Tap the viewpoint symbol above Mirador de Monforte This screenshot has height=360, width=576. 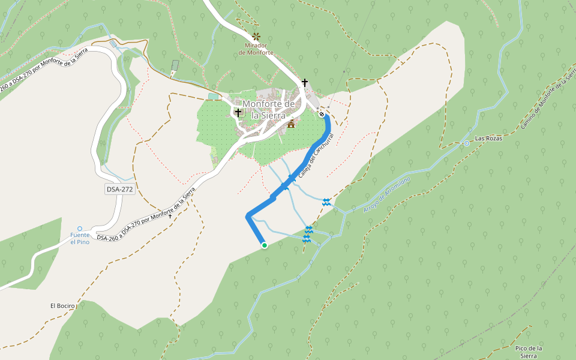(257, 36)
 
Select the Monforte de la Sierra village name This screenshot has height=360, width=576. (268, 109)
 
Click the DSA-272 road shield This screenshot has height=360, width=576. (119, 189)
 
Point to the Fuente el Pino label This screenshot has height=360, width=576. (80, 238)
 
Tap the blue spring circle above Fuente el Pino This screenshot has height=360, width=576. (80, 229)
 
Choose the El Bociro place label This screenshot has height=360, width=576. (63, 306)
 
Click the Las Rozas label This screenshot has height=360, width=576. (488, 139)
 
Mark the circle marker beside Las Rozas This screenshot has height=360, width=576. (466, 143)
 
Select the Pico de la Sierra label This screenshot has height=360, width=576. (529, 352)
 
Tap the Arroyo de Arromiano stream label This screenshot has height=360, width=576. (387, 194)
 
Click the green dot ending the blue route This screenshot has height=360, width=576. (264, 245)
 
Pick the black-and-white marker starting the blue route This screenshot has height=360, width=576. (322, 114)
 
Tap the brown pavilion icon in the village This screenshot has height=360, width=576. (292, 124)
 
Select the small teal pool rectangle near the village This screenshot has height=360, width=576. (214, 95)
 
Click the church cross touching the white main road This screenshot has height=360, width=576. (304, 82)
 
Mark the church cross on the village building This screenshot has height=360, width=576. (238, 112)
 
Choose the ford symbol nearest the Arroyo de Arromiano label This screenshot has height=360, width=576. (326, 202)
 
